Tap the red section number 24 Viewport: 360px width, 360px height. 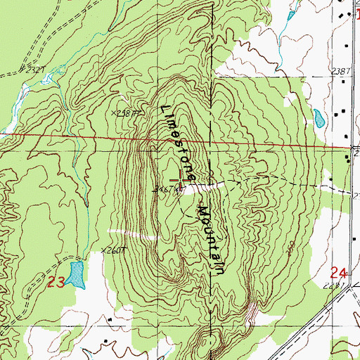point(339,272)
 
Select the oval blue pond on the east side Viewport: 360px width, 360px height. point(319,117)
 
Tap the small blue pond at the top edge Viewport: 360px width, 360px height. point(289,14)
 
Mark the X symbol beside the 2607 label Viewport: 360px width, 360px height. point(104,250)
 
